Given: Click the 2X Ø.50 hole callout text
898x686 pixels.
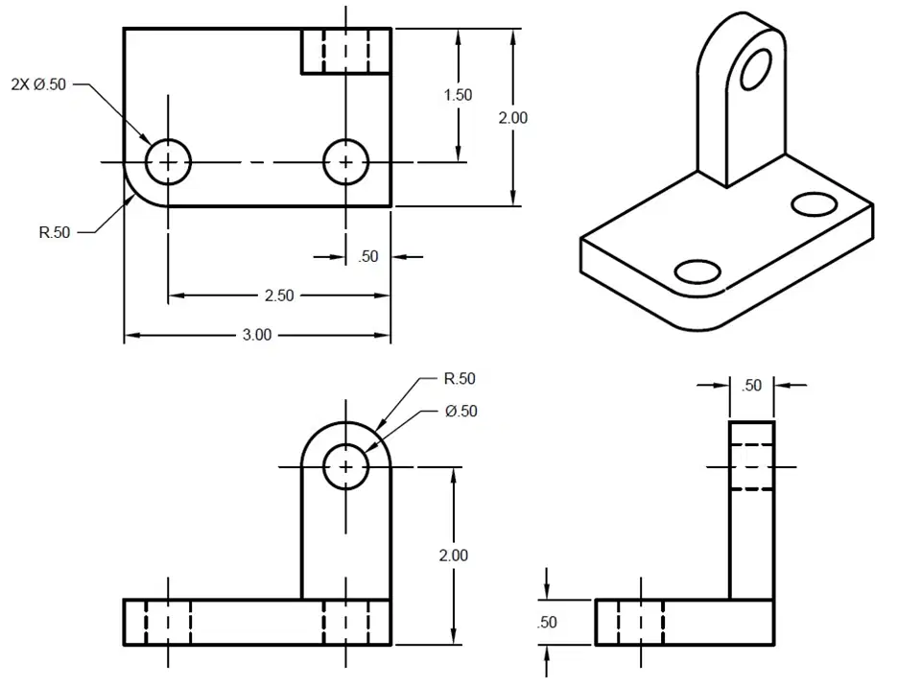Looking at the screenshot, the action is click(x=38, y=84).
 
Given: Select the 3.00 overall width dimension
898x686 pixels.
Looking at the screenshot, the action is click(x=256, y=335).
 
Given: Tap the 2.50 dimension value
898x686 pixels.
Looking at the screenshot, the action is click(x=279, y=296).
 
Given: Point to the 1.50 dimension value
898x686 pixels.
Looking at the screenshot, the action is click(x=459, y=95).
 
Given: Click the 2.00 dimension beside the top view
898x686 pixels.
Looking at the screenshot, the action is click(x=512, y=118).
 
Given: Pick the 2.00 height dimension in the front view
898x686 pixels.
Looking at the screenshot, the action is click(x=454, y=556).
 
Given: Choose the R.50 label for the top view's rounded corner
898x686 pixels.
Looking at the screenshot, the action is click(x=55, y=232).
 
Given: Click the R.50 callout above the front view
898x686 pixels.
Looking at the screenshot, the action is click(x=460, y=379).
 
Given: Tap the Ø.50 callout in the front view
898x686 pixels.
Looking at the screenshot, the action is click(x=461, y=412).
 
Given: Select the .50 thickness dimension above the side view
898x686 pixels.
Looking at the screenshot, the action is click(x=751, y=386).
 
